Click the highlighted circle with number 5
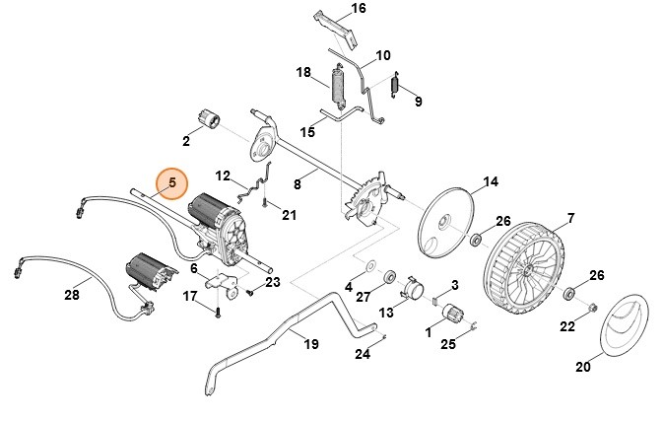pyautogui.click(x=171, y=182)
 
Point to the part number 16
pyautogui.click(x=330, y=9)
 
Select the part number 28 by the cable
pyautogui.click(x=71, y=295)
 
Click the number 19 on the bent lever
pyautogui.click(x=310, y=344)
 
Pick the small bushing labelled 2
pyautogui.click(x=209, y=120)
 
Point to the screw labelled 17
pyautogui.click(x=218, y=311)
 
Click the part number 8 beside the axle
pyautogui.click(x=297, y=183)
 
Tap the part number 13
pyautogui.click(x=386, y=313)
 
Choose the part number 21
pyautogui.click(x=289, y=215)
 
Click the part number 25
pyautogui.click(x=448, y=343)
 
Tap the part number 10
pyautogui.click(x=383, y=55)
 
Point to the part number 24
pyautogui.click(x=363, y=353)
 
